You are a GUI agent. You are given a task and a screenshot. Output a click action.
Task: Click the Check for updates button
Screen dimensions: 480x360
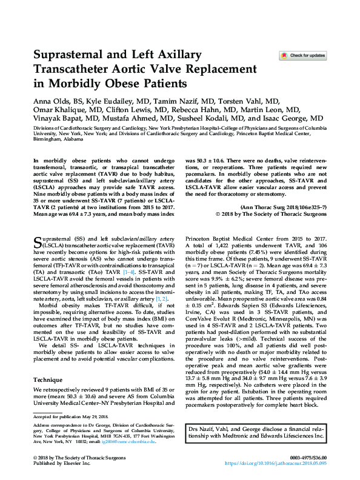(x=302, y=56)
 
